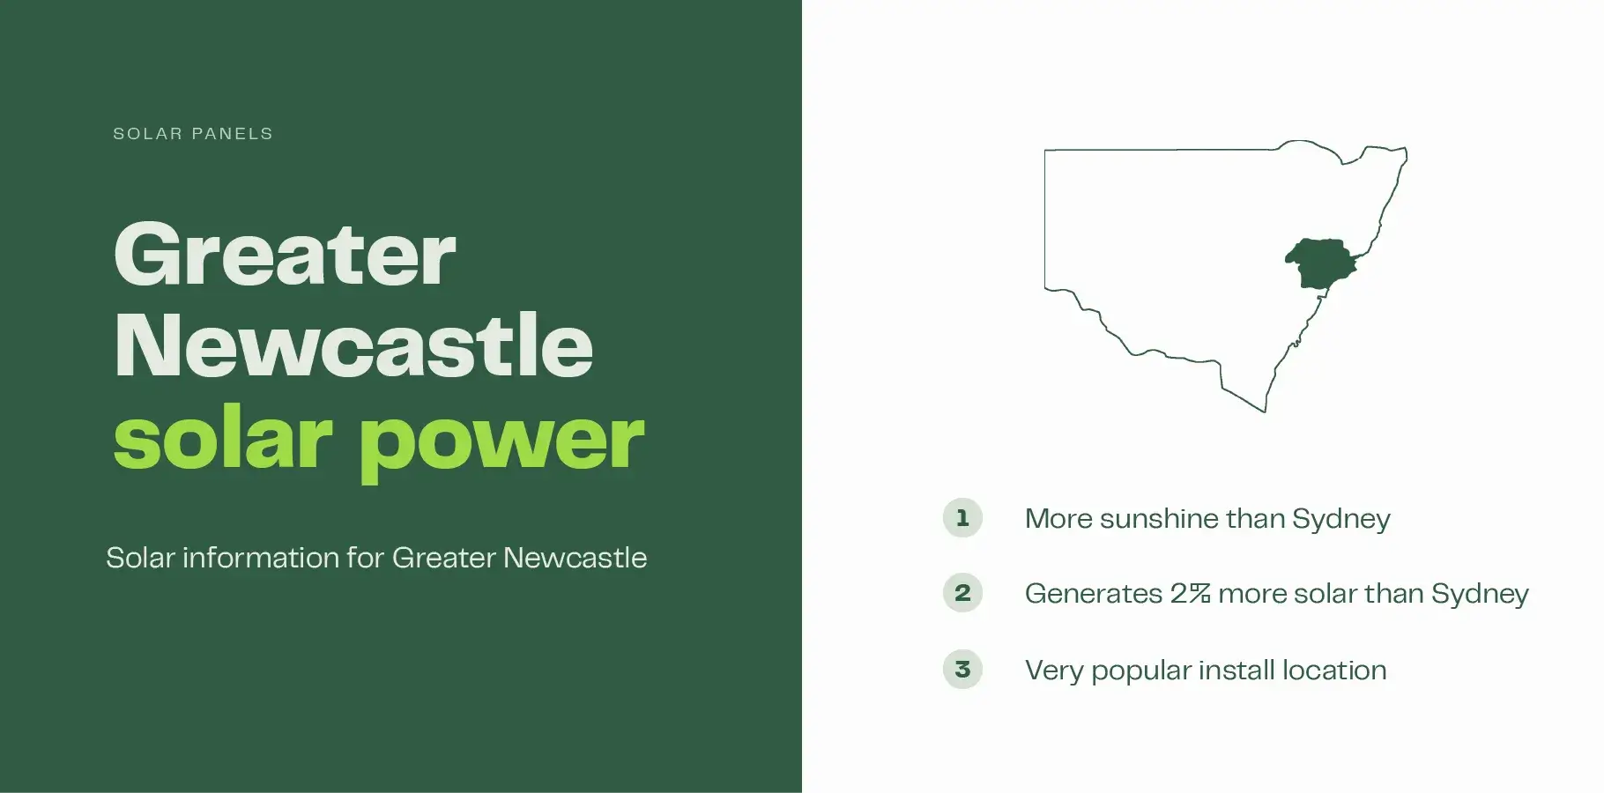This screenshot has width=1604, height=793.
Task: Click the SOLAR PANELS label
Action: click(193, 134)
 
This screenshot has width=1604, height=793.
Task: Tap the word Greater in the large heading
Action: click(285, 255)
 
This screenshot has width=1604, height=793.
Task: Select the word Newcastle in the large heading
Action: click(353, 345)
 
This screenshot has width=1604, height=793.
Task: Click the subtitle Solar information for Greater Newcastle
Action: click(376, 558)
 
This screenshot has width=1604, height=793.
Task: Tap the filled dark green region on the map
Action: click(1319, 263)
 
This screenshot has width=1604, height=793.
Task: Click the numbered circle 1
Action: click(962, 518)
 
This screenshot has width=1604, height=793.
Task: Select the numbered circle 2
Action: click(962, 593)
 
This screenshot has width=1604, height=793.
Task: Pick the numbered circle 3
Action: click(962, 670)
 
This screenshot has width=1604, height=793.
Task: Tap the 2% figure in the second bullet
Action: click(1190, 594)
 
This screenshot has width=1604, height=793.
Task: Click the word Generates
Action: click(1093, 594)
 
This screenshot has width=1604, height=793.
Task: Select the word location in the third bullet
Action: click(1333, 671)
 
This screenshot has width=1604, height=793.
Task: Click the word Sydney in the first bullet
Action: click(1340, 519)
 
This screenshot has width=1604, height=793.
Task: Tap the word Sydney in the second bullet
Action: click(1480, 594)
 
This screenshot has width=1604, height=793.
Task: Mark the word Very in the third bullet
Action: click(1053, 671)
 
